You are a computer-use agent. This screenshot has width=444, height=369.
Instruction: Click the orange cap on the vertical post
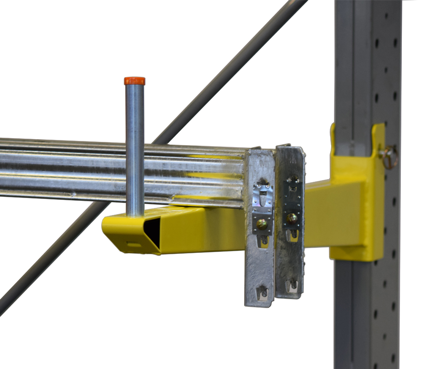pos(134,81)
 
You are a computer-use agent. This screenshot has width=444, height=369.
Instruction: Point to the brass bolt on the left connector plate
pos(262,224)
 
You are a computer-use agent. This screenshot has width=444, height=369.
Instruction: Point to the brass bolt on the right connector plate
pos(292,217)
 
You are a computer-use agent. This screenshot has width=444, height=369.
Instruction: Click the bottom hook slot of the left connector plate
pos(264,292)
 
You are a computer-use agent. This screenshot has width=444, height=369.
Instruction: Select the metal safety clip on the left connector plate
pos(262,197)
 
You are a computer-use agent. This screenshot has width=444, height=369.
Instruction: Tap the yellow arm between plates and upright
pos(323,206)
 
